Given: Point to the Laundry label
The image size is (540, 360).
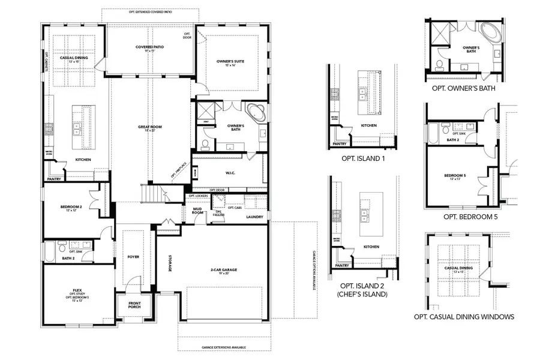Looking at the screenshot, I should click(x=254, y=217).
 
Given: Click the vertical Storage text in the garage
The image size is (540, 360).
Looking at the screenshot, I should click(x=170, y=263).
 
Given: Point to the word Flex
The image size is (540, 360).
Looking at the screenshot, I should click(x=77, y=290).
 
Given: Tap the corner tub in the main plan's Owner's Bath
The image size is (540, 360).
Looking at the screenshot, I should click(x=255, y=112).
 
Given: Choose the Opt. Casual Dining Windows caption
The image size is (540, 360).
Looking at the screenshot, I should click(x=464, y=317).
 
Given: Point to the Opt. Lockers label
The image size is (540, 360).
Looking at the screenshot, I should click(x=197, y=196).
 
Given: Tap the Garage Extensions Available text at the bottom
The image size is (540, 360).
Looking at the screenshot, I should click(x=223, y=347).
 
